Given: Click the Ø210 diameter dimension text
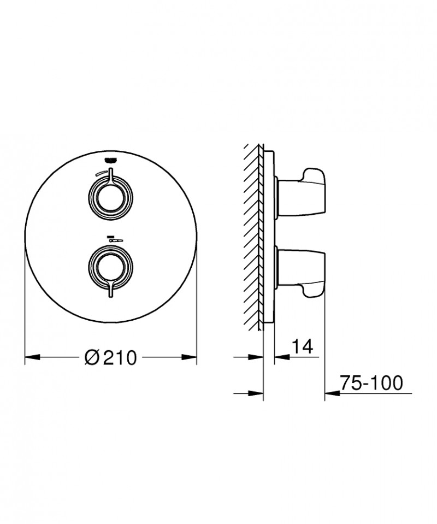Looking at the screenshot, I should coord(111,358).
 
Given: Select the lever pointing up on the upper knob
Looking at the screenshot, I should coord(111,174).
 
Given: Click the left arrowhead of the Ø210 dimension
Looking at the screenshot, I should coord(33,358).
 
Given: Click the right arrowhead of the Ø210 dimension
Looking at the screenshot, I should coord(190,358).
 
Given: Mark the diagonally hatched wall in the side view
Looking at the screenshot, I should coord(252,235).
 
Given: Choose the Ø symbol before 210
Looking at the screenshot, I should coord(92,358).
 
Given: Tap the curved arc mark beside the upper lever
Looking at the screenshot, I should coord(100,173).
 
